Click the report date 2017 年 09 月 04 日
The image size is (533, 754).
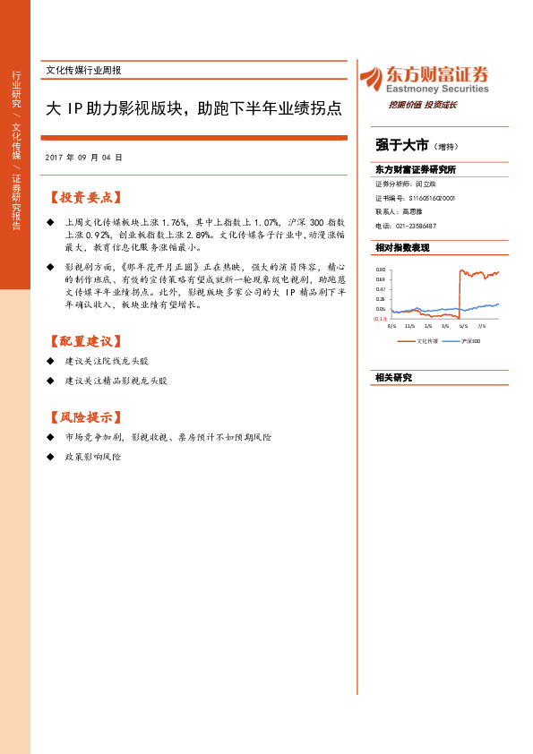[83, 157]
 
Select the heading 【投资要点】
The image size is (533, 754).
[86, 197]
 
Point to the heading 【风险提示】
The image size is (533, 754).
[86, 417]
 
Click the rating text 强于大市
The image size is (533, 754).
[401, 145]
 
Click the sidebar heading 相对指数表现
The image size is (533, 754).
[402, 247]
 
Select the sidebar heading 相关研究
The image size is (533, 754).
[393, 377]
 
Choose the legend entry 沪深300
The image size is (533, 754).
[469, 341]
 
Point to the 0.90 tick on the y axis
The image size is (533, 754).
[380, 270]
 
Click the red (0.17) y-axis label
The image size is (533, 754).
[380, 319]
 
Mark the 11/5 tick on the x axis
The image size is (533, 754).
[410, 327]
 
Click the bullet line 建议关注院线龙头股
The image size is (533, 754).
[107, 360]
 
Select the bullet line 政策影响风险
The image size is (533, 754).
[92, 457]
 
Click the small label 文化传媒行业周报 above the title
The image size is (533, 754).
[83, 70]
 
